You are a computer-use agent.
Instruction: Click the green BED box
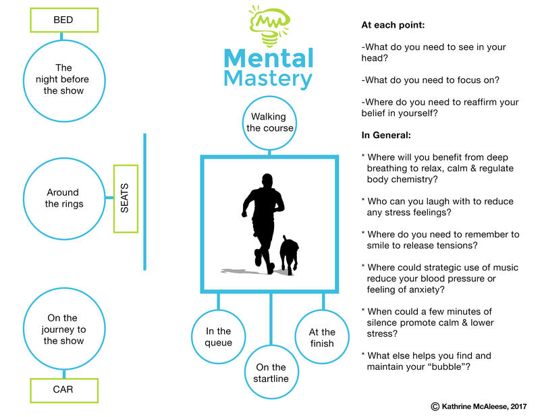coord(63,20)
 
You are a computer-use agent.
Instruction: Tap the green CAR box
coord(63,389)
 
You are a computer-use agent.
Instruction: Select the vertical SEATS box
coord(125,198)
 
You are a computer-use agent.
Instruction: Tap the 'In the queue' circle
coord(219,337)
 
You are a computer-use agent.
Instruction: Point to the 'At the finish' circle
coord(322,337)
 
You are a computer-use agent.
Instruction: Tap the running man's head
coord(267,180)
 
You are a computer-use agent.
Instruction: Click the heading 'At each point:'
coord(394,25)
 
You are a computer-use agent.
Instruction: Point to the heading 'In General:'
coord(391,135)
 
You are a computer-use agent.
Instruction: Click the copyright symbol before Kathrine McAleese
coord(435,406)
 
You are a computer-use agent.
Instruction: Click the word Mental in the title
coord(269,58)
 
